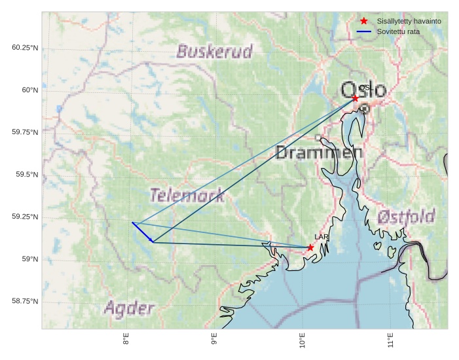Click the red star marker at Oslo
click(x=355, y=98)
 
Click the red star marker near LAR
click(x=310, y=247)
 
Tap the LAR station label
click(x=321, y=237)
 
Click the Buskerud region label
click(x=215, y=52)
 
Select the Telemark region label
click(x=187, y=195)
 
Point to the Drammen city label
click(x=319, y=153)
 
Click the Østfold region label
click(x=406, y=217)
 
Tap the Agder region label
click(x=129, y=308)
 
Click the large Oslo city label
click(x=363, y=90)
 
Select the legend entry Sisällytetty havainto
click(x=409, y=21)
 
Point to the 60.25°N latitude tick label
click(x=25, y=48)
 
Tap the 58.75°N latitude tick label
click(x=25, y=301)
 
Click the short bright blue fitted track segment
click(x=142, y=232)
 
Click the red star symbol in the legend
click(x=364, y=21)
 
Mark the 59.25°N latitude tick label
click(x=25, y=217)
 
